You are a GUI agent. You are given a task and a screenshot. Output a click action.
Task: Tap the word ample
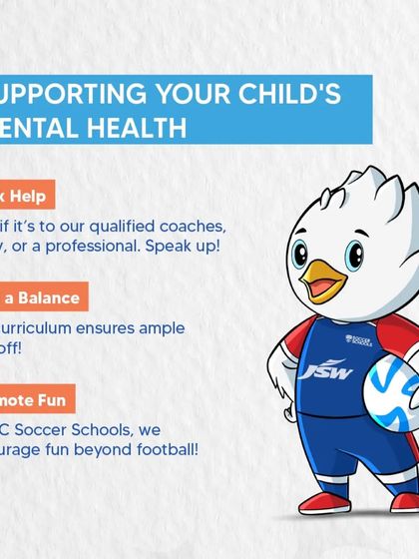(159, 327)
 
